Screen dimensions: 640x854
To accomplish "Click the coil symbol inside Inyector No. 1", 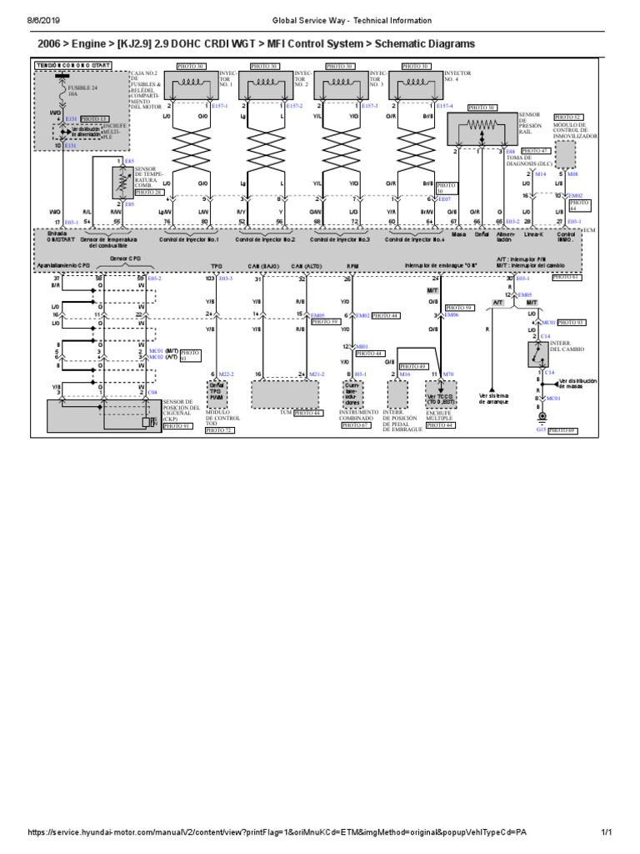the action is pyautogui.click(x=194, y=83).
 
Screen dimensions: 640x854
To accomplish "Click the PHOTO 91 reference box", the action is pyautogui.click(x=176, y=425).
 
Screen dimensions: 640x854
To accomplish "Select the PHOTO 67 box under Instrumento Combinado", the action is pyautogui.click(x=356, y=424).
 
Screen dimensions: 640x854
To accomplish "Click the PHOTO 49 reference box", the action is pyautogui.click(x=413, y=366).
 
